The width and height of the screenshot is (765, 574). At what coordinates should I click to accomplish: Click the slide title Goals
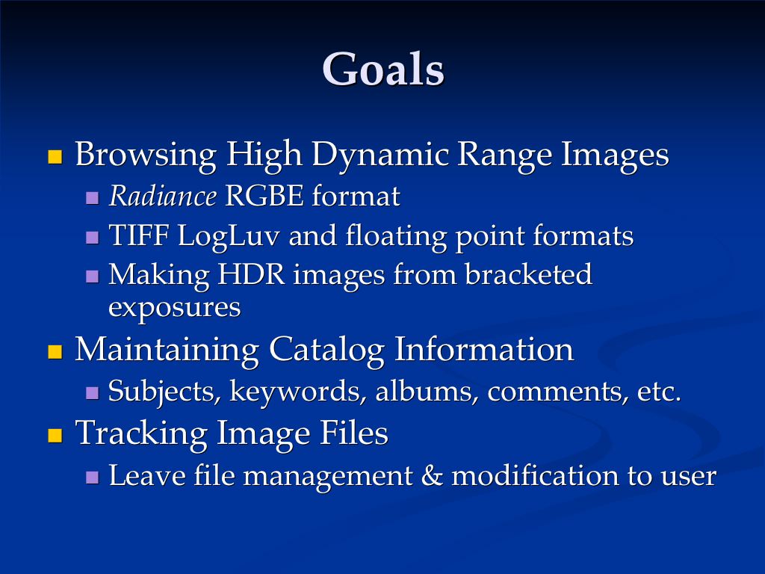(x=383, y=70)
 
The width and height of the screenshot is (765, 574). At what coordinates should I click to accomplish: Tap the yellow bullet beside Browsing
(x=54, y=157)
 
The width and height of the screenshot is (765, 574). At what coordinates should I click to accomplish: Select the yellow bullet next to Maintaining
(x=54, y=351)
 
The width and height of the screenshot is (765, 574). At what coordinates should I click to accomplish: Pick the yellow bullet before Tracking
(x=54, y=435)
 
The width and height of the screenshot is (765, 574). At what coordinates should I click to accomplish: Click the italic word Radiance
(x=162, y=197)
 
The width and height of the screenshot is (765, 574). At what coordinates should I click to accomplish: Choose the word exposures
(x=175, y=307)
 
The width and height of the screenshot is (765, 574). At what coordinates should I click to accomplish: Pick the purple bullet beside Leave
(x=93, y=477)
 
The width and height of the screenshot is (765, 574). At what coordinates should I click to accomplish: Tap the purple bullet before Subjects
(x=93, y=392)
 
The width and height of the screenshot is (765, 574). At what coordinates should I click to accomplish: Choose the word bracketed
(x=528, y=275)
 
